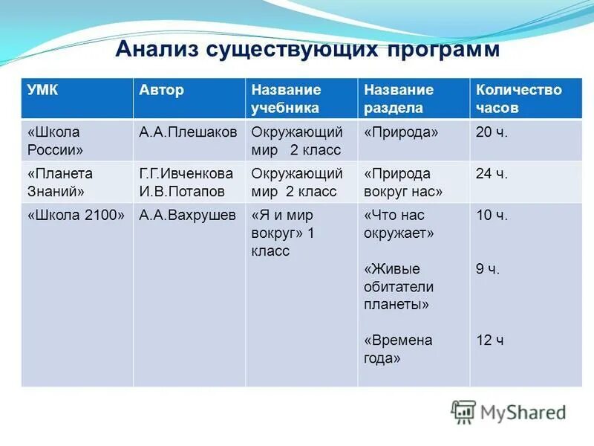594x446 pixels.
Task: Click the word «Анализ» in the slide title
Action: [158, 50]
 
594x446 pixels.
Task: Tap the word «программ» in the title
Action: [443, 50]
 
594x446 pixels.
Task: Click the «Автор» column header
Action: [161, 90]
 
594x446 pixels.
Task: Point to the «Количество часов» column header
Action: [518, 99]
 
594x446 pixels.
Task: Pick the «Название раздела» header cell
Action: [398, 99]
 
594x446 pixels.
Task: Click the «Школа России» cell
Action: [55, 140]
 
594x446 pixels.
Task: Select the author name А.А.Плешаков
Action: [188, 132]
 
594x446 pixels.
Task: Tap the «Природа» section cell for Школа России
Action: [401, 132]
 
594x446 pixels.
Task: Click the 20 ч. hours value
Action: [492, 132]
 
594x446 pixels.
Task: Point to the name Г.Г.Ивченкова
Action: [186, 174]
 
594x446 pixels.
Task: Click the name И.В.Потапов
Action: [181, 191]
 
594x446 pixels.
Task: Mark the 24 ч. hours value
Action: [492, 174]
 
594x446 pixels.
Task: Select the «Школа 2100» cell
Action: [75, 216]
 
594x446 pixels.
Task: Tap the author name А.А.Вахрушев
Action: [188, 216]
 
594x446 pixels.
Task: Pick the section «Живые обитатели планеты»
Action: [399, 286]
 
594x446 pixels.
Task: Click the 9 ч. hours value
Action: [488, 269]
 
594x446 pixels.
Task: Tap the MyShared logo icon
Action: [463, 412]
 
